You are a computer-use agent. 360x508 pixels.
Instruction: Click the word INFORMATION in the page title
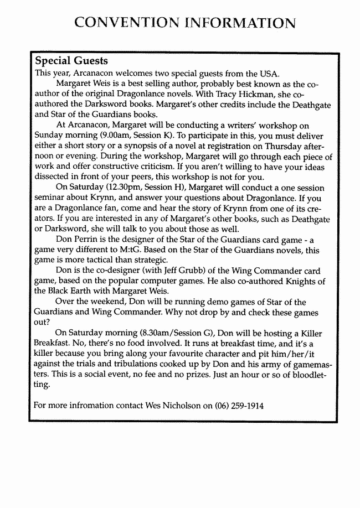coord(240,23)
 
